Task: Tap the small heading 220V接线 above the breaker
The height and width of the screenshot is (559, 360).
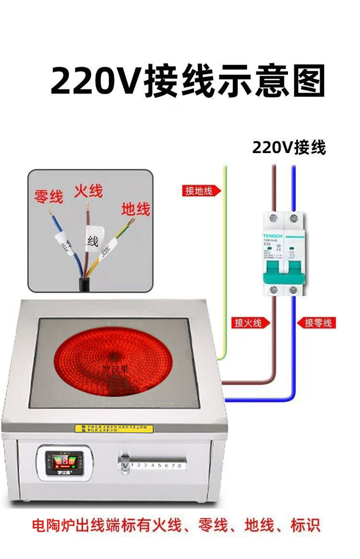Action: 289,148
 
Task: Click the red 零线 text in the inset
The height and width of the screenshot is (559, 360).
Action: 48,196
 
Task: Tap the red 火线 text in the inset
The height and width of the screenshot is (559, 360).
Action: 88,190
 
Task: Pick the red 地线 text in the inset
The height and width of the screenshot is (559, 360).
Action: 135,209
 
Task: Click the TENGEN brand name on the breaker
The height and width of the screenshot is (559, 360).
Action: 273,236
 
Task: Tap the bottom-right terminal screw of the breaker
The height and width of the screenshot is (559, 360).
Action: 293,290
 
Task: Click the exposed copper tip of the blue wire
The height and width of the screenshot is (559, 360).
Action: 49,212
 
